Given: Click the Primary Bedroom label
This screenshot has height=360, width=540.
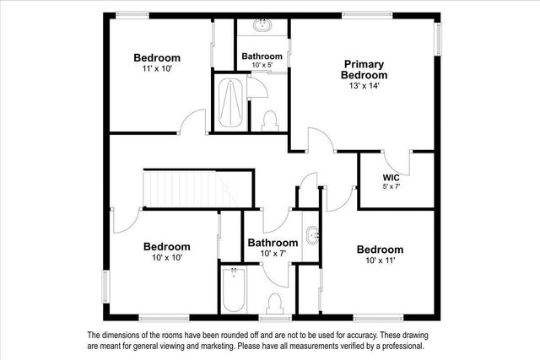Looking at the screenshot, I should pyautogui.click(x=364, y=69).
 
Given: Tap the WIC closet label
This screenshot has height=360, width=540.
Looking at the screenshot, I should pyautogui.click(x=391, y=177).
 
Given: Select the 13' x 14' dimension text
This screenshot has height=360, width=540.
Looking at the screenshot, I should pyautogui.click(x=364, y=85).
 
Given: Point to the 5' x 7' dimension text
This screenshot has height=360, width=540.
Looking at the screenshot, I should pyautogui.click(x=391, y=186).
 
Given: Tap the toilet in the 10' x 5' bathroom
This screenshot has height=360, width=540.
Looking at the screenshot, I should pyautogui.click(x=270, y=121).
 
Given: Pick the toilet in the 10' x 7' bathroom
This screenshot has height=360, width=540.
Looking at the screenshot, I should pyautogui.click(x=273, y=303).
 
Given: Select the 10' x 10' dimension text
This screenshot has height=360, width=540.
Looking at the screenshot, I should pyautogui.click(x=166, y=257).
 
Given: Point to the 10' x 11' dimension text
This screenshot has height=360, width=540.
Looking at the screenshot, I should pyautogui.click(x=379, y=260).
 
